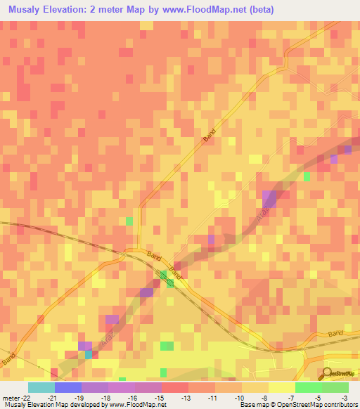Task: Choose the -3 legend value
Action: [x=344, y=397]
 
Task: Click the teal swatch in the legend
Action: [x=41, y=387]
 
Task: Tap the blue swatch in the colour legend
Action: [x=68, y=387]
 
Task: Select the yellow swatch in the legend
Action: [x=282, y=387]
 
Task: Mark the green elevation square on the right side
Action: [x=307, y=176]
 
